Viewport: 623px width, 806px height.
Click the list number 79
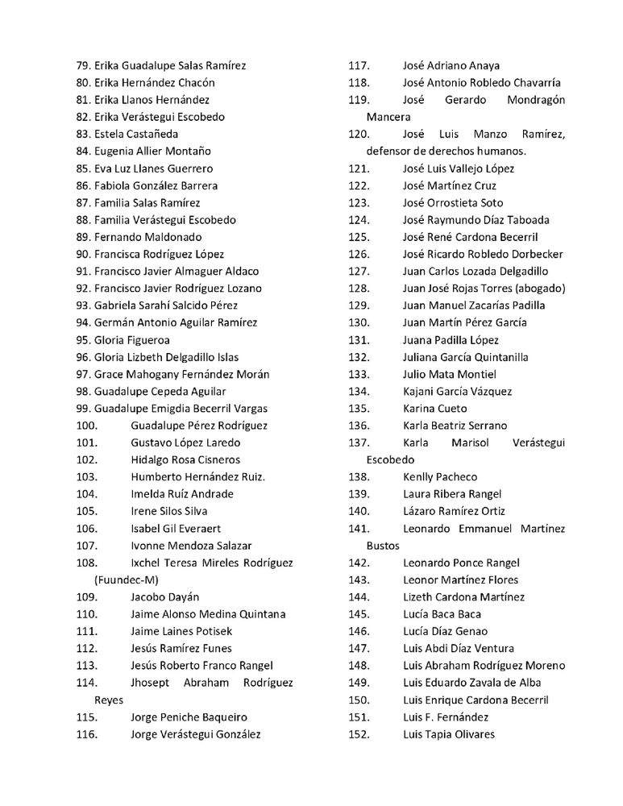tap(82, 65)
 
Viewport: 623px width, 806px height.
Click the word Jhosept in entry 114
tap(151, 683)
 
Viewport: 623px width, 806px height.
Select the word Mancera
tap(388, 117)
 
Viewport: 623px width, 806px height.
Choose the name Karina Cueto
tap(434, 409)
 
